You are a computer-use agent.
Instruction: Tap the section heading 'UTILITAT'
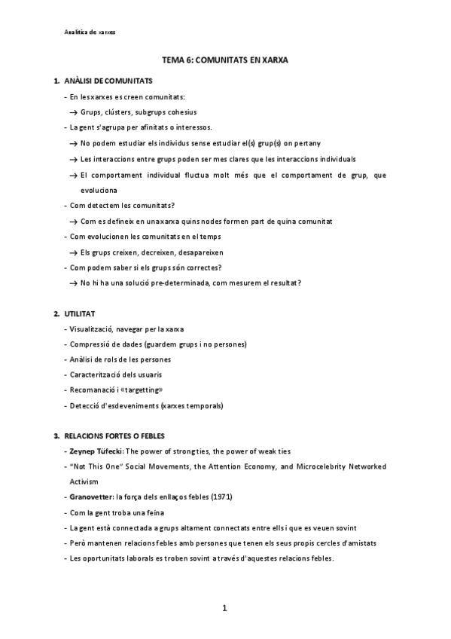80,313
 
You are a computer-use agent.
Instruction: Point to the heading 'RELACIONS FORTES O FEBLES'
114,436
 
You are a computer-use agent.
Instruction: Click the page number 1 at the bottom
224,608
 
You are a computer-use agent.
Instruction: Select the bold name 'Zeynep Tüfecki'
96,451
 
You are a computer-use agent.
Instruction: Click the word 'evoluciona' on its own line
99,191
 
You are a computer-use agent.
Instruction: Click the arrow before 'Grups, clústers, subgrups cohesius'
74,112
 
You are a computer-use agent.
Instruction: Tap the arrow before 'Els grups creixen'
74,252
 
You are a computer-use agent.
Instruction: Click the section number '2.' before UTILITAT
56,313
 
